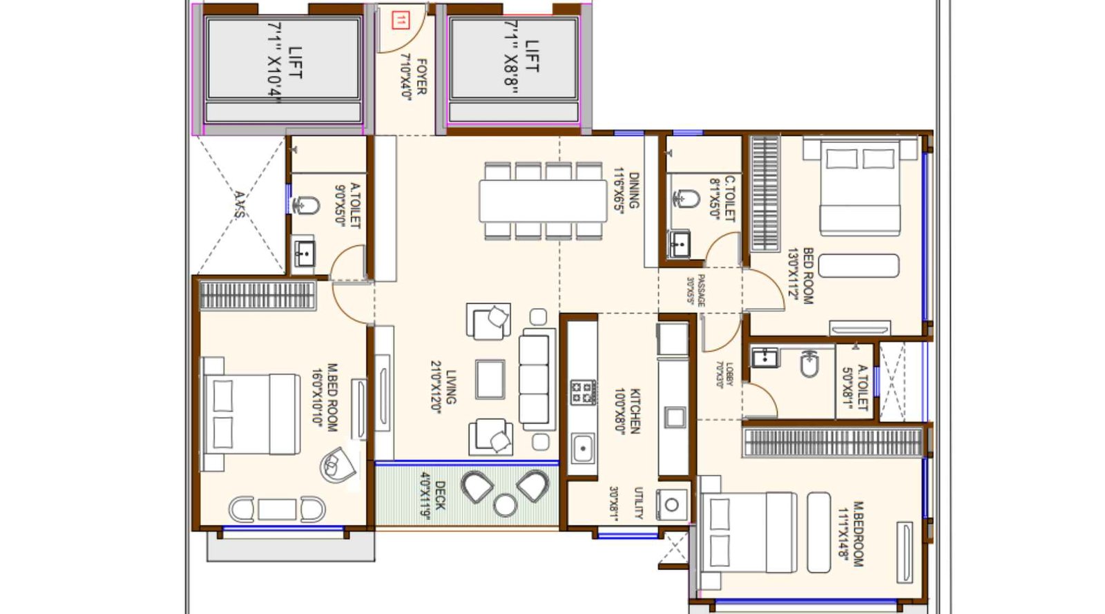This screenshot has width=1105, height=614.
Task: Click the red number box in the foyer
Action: [400, 20]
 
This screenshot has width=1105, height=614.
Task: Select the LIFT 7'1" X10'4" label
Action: [285, 62]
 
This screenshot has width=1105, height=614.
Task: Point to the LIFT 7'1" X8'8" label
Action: [522, 57]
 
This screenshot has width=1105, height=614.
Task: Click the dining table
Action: [543, 201]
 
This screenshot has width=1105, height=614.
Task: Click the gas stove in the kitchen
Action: [583, 392]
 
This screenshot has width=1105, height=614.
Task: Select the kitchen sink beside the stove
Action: [583, 448]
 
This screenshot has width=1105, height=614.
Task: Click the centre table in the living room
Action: [490, 378]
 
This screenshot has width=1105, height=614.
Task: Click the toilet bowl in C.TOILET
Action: [684, 199]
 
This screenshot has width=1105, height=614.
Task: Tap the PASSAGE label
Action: [695, 290]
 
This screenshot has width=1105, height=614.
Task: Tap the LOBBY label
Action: [725, 375]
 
